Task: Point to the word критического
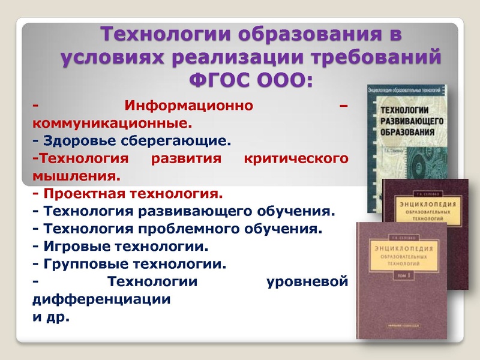tap(296, 160)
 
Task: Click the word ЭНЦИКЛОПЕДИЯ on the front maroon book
tap(397, 249)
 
